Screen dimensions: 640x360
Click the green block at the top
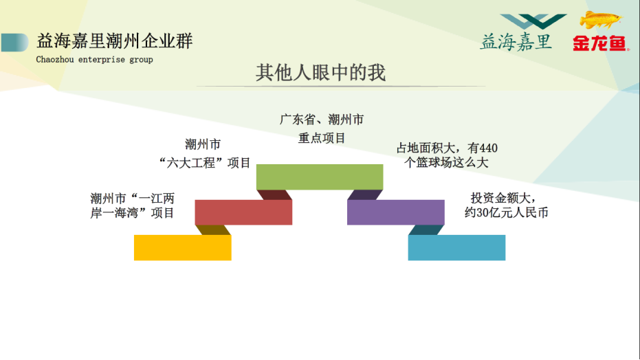[320, 177]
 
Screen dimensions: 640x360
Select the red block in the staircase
[243, 212]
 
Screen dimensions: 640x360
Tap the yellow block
[182, 247]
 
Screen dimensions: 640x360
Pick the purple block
[395, 212]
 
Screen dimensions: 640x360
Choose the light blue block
[456, 247]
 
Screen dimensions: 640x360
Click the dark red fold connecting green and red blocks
[274, 195]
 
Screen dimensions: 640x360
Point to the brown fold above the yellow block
[214, 230]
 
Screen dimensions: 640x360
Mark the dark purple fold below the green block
[365, 195]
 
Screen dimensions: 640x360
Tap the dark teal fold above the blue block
[426, 230]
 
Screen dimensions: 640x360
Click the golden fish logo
[600, 19]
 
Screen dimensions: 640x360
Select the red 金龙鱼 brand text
[599, 43]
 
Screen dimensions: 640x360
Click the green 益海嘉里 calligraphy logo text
[516, 42]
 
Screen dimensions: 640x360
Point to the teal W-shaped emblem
[533, 21]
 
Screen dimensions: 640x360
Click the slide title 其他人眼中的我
[320, 73]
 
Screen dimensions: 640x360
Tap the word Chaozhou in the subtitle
[55, 60]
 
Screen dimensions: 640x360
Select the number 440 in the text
[488, 148]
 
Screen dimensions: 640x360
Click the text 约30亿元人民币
[507, 212]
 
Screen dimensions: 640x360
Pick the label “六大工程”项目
[204, 163]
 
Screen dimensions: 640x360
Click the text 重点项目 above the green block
[322, 138]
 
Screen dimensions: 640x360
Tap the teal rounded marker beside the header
[14, 43]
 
